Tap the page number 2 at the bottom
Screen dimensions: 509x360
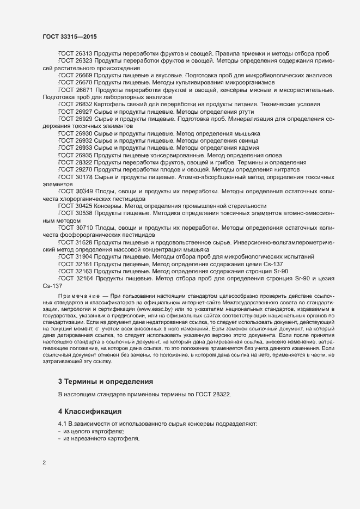44,463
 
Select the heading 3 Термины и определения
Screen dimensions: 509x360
105,381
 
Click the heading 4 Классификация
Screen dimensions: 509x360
90,410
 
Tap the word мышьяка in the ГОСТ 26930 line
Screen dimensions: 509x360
245,133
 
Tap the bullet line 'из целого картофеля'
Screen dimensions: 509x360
94,431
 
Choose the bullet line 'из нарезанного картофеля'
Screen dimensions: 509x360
98,438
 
